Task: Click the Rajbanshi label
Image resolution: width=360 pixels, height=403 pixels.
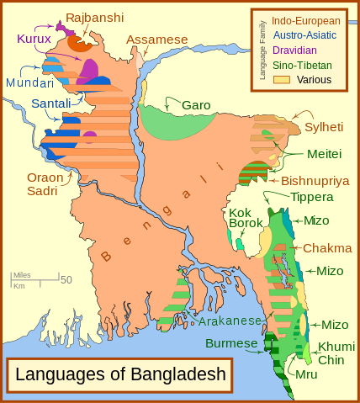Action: [x=94, y=17]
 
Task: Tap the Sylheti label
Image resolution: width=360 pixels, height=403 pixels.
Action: [x=324, y=127]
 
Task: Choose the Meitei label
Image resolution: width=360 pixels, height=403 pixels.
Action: [x=324, y=154]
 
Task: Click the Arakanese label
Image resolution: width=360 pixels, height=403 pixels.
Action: [x=231, y=321]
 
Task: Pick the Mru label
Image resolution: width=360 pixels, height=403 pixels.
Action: [x=306, y=374]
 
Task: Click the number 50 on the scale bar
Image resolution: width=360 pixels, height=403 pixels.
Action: [x=66, y=279]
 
